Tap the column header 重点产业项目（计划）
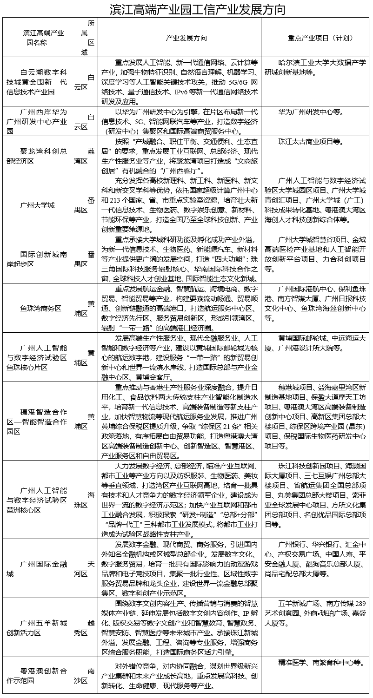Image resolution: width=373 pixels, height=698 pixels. [315, 38]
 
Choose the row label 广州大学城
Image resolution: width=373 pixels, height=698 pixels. [37, 205]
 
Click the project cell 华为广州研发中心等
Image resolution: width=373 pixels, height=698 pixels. [310, 112]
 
